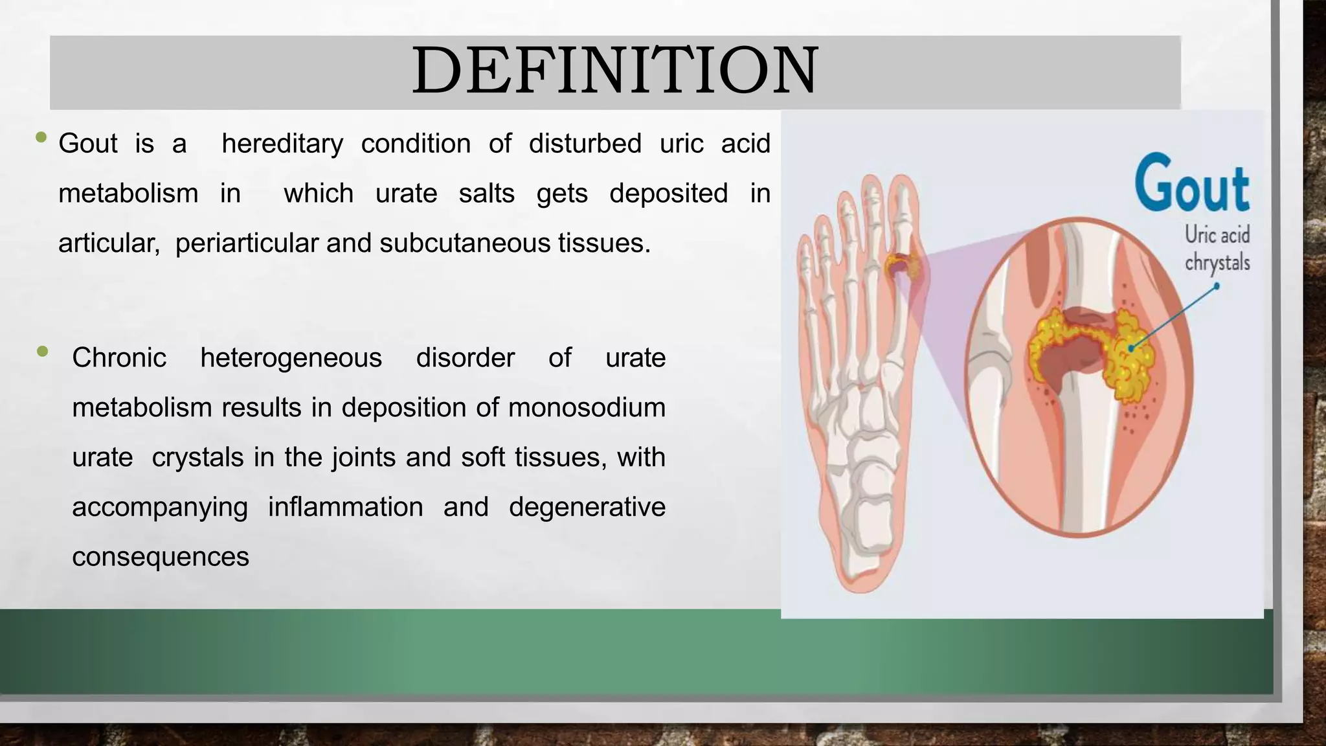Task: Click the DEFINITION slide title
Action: (x=615, y=71)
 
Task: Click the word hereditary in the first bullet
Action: (x=282, y=144)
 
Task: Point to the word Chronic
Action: (x=119, y=358)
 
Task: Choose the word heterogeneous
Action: (x=291, y=358)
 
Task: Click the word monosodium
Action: (x=587, y=408)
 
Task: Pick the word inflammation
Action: (x=345, y=507)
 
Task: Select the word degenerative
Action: (x=587, y=507)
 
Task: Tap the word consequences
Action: (x=161, y=557)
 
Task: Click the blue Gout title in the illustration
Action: (x=1191, y=184)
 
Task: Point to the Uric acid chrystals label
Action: (x=1217, y=249)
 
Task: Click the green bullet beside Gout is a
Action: (x=42, y=137)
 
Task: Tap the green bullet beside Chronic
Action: (x=43, y=352)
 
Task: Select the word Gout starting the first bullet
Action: (x=88, y=144)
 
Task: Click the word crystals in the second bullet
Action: (x=197, y=458)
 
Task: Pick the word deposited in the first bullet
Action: (x=668, y=194)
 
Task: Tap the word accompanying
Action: (x=160, y=507)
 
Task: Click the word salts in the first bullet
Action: (x=486, y=194)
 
